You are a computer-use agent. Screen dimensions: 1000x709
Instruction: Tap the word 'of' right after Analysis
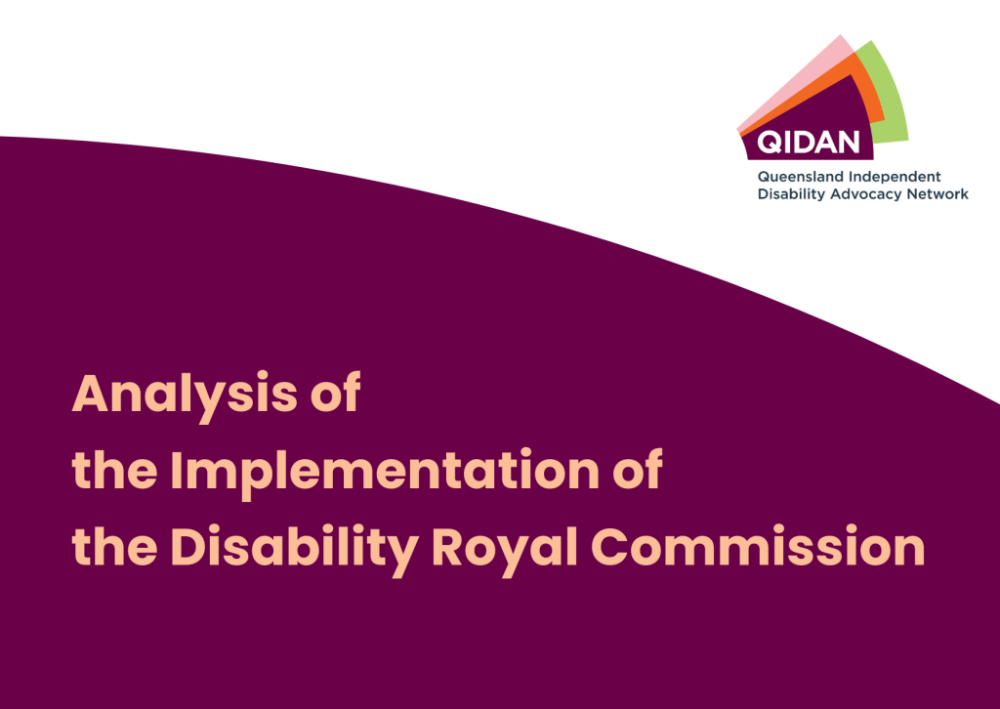click(336, 392)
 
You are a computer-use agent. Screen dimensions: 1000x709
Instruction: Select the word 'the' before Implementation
click(115, 470)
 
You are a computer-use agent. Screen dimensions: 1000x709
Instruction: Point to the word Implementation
click(385, 473)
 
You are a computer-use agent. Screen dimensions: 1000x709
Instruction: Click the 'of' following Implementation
click(637, 469)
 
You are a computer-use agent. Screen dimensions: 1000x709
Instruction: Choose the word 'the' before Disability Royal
click(115, 547)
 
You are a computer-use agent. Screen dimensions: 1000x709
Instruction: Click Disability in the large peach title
click(295, 550)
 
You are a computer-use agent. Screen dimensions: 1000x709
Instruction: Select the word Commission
click(758, 547)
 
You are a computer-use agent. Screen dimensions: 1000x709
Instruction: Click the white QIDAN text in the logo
click(808, 143)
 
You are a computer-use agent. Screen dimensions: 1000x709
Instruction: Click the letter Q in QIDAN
click(770, 143)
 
